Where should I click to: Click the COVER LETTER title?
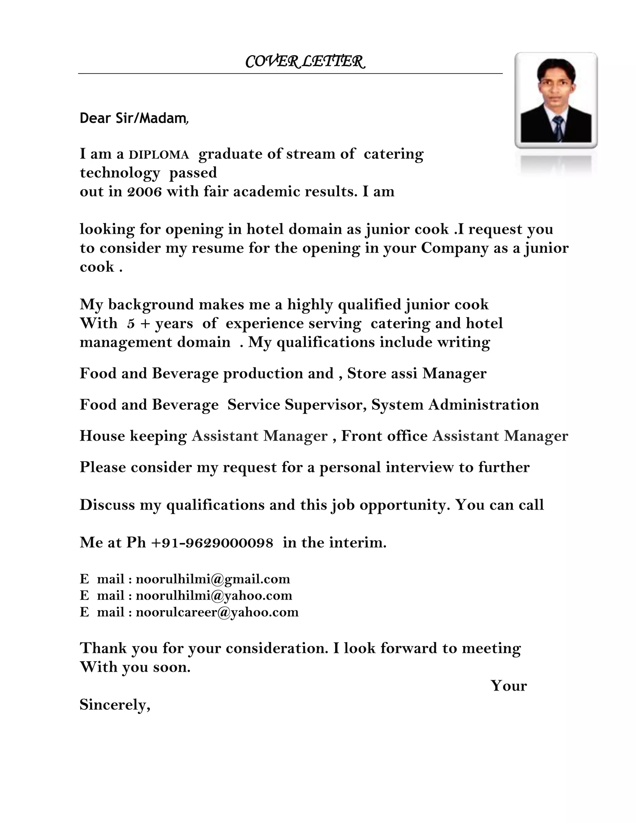coord(305,61)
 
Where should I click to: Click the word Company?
coord(454,248)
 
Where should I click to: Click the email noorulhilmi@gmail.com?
coord(212,579)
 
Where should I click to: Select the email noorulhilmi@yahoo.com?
coord(214,596)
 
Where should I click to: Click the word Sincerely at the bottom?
coord(115,705)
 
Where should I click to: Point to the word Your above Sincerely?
coord(508,686)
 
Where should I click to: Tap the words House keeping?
coord(133,436)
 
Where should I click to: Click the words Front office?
coord(384,436)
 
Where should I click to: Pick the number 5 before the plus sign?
coord(131,324)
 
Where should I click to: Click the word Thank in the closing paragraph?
coord(103,648)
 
